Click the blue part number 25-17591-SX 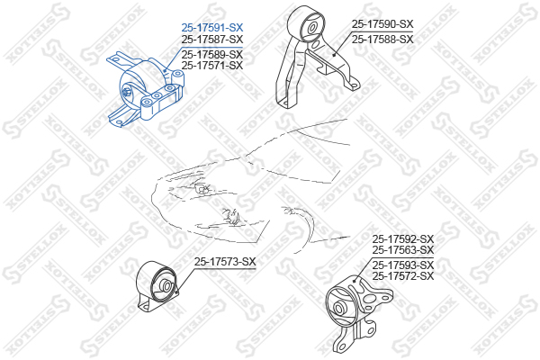[x=212, y=27]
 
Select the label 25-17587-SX [x=212, y=39]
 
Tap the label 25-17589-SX [x=212, y=54]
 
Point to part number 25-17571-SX [x=212, y=65]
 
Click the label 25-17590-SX [x=382, y=24]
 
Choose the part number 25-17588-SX [x=382, y=40]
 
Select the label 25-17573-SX [x=225, y=262]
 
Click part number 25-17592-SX [x=403, y=238]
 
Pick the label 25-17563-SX [x=403, y=250]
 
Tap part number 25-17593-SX [x=403, y=265]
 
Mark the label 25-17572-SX [x=403, y=276]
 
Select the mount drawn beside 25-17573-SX [x=157, y=286]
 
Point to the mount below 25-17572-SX [x=358, y=313]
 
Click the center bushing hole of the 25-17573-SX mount [x=167, y=286]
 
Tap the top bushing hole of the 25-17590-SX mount [x=312, y=28]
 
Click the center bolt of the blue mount [x=127, y=92]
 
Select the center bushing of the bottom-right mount [x=339, y=307]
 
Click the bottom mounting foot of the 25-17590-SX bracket [x=284, y=103]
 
